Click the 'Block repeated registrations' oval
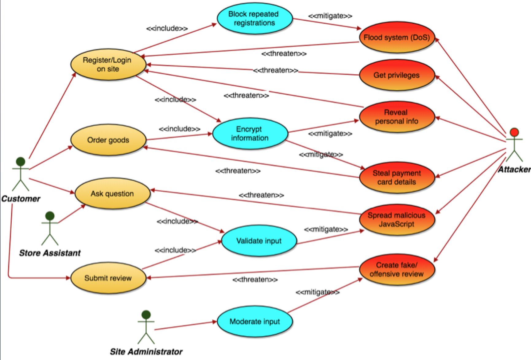pyautogui.click(x=254, y=18)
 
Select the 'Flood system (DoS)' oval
pyautogui.click(x=397, y=38)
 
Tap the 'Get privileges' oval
pyautogui.click(x=397, y=75)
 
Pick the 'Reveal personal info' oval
pyautogui.click(x=397, y=117)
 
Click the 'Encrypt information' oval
pyautogui.click(x=250, y=134)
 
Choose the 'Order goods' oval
pyautogui.click(x=108, y=140)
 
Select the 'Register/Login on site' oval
pyautogui.click(x=108, y=65)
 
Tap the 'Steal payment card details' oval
pyautogui.click(x=397, y=178)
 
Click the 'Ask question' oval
pyautogui.click(x=112, y=194)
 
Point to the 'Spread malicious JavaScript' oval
pyautogui.click(x=397, y=220)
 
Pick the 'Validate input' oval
pyautogui.click(x=259, y=241)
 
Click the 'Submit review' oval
pyautogui.click(x=108, y=278)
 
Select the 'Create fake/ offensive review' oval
pyautogui.click(x=397, y=269)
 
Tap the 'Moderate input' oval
pyautogui.click(x=255, y=322)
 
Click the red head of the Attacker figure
pyautogui.click(x=514, y=132)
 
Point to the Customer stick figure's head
pyautogui.click(x=21, y=162)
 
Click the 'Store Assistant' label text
pyautogui.click(x=50, y=253)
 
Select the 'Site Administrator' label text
pyautogui.click(x=146, y=351)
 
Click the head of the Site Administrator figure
pyautogui.click(x=146, y=315)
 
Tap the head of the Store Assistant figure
pyautogui.click(x=50, y=216)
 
